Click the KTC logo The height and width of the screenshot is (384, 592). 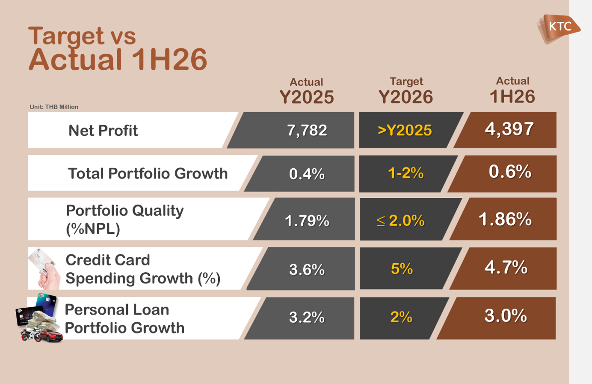coord(559,29)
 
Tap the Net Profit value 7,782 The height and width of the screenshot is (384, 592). coord(307,131)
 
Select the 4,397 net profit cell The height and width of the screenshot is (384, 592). coord(509,129)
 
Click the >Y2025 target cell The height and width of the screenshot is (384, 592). coord(405,130)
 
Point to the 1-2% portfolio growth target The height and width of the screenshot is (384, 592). coord(406,173)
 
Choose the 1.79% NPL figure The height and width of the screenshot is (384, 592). coord(307,220)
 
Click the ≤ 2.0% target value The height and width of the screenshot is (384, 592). coord(400,220)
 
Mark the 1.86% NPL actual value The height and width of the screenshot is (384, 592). coord(505,219)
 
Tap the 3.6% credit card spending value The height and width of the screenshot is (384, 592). coord(307,270)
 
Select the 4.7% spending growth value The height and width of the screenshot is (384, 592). coord(506,267)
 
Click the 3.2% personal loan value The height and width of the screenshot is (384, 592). coord(307,317)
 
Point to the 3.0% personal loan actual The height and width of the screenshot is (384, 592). coord(506,316)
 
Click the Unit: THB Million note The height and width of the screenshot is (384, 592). coord(54,107)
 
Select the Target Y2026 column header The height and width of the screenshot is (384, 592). coord(406,90)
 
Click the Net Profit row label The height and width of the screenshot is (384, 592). coord(103,131)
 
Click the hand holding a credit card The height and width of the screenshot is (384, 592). coord(44,268)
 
